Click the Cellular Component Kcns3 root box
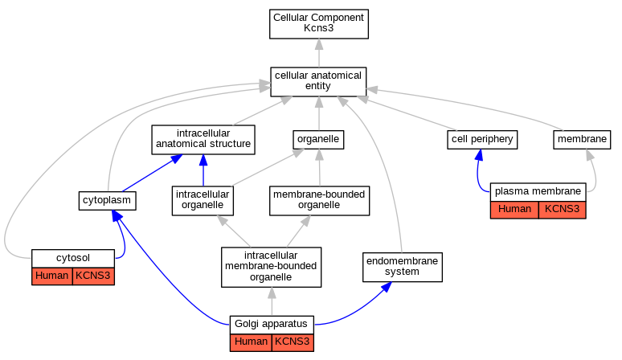point(319,24)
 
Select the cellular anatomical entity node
point(318,82)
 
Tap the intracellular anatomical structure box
point(203,140)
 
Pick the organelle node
point(318,140)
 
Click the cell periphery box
point(482,140)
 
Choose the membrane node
point(582,140)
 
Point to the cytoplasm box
point(107,201)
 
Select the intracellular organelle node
point(203,201)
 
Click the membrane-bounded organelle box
point(319,201)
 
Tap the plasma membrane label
point(538,192)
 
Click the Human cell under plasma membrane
point(514,210)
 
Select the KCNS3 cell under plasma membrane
point(562,210)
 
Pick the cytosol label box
point(73,259)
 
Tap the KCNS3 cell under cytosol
point(93,276)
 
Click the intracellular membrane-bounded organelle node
point(271,267)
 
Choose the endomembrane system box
point(403,267)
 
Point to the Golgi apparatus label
point(272,325)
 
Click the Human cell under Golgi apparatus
point(251,342)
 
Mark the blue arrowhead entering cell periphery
point(479,155)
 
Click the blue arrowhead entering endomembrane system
point(387,287)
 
